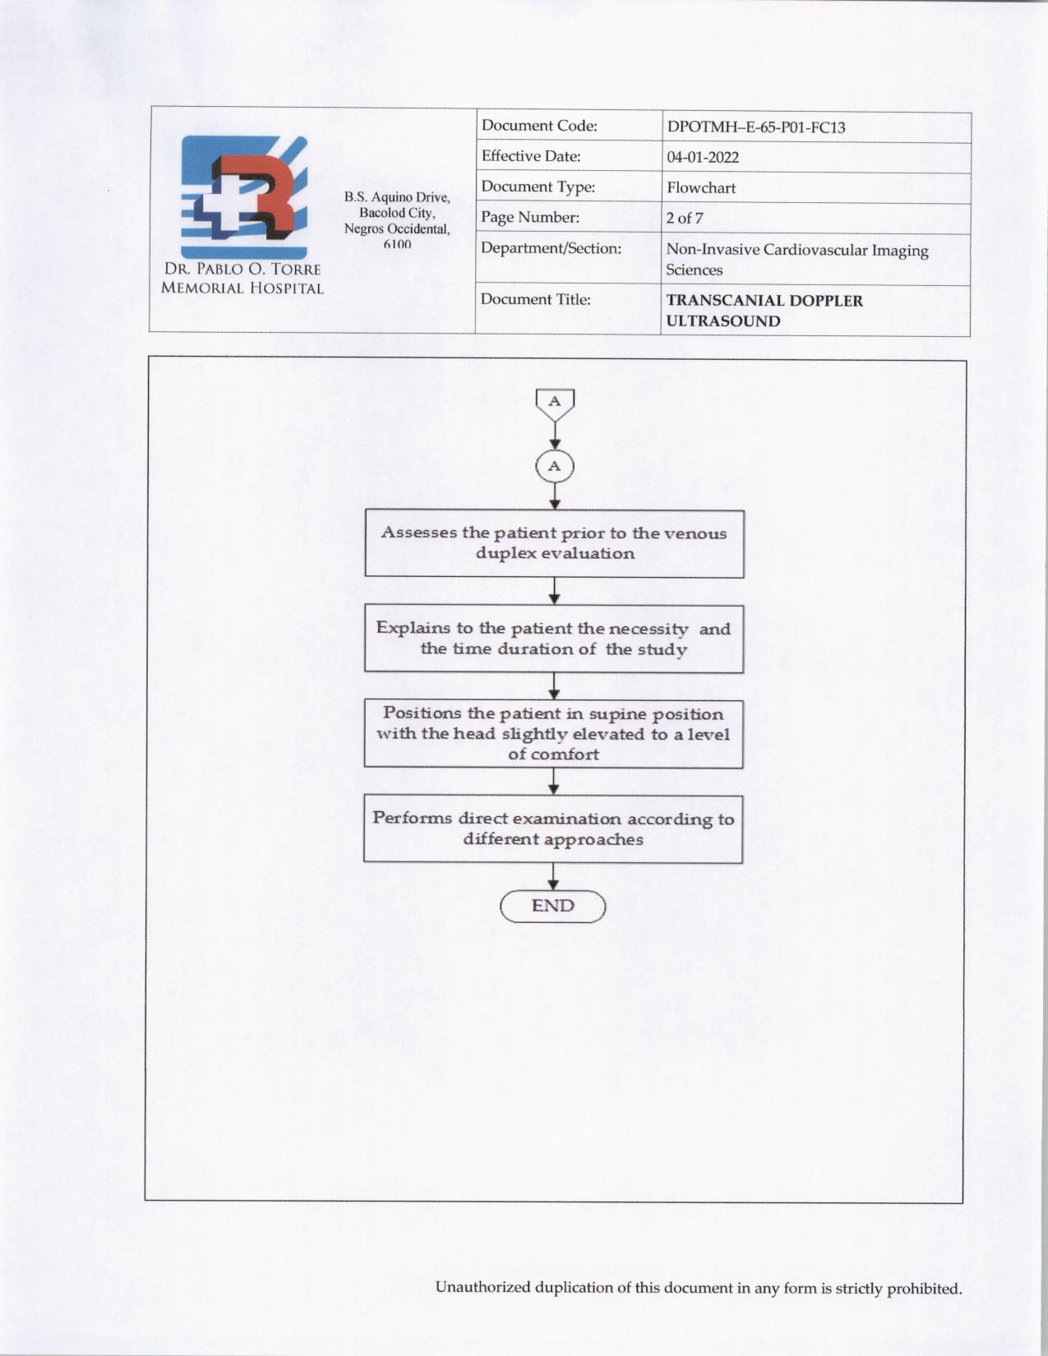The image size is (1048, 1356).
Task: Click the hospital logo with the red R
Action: [x=244, y=197]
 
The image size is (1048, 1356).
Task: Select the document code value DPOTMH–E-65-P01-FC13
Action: [x=755, y=127]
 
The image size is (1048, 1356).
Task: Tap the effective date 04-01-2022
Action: [x=702, y=158]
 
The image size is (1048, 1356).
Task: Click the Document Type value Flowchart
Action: [x=700, y=188]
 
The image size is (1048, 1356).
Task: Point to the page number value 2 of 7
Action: [x=684, y=219]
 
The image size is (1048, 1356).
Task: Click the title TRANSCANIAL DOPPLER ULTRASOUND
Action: [x=764, y=311]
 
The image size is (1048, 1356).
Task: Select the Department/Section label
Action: [x=551, y=248]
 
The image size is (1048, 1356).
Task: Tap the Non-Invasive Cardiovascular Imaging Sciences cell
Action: [x=796, y=260]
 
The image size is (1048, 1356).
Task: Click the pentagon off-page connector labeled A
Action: [x=555, y=404]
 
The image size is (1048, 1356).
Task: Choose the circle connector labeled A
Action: [x=555, y=467]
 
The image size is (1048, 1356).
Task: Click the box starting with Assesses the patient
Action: [x=554, y=543]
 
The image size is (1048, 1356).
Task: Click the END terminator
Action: [x=552, y=906]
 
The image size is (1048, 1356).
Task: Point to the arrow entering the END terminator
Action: [x=553, y=878]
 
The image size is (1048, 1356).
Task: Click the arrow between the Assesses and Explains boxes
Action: [x=555, y=592]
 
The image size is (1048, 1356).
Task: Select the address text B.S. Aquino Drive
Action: [x=397, y=197]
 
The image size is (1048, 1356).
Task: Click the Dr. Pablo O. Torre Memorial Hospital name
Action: [x=242, y=279]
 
